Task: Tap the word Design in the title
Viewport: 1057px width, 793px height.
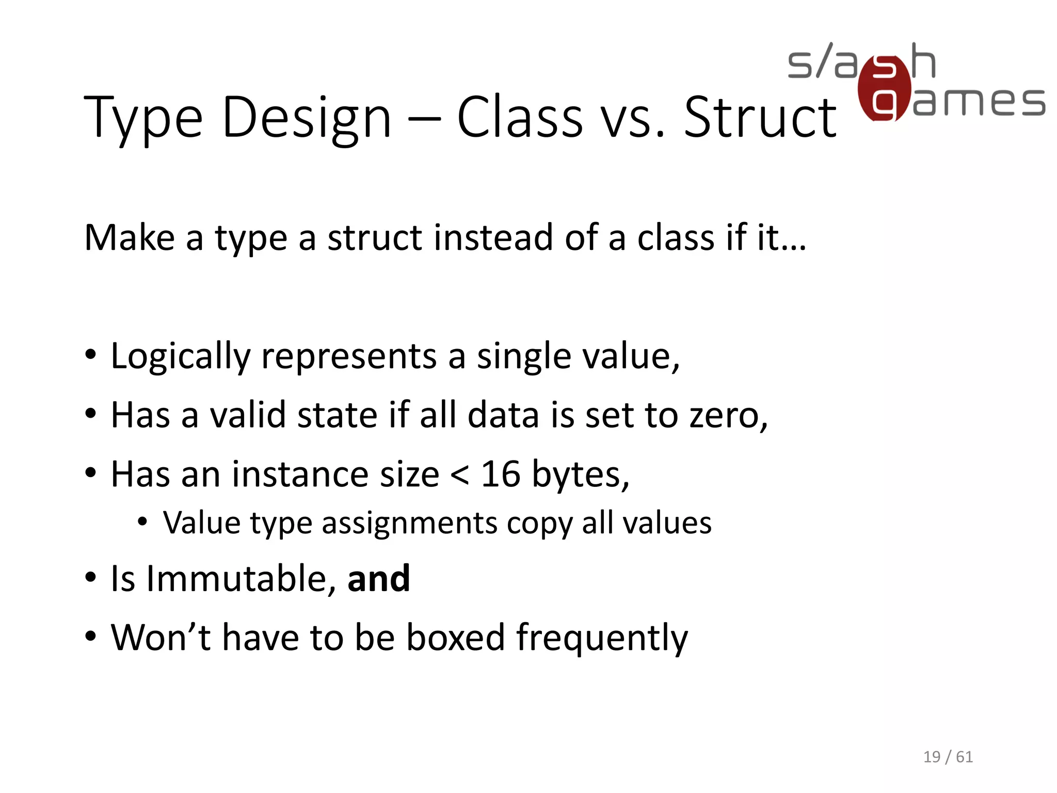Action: click(307, 119)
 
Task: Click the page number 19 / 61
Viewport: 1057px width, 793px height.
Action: click(948, 757)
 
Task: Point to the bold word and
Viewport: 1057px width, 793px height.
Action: click(379, 579)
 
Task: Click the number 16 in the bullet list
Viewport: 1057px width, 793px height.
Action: click(501, 474)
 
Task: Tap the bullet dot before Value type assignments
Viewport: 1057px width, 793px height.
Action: click(142, 522)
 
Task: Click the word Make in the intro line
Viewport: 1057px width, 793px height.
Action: click(130, 238)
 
